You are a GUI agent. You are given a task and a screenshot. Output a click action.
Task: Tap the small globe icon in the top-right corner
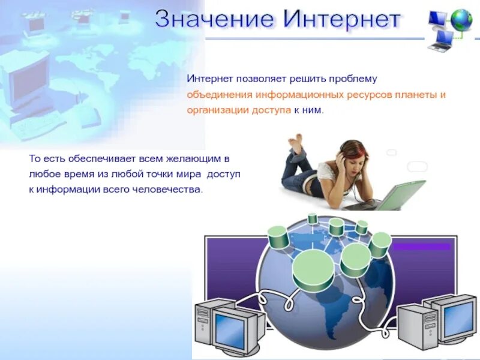(x=461, y=20)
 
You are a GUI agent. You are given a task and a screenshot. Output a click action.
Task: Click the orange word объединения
(x=220, y=95)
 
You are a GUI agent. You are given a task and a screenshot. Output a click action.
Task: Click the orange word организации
(x=217, y=111)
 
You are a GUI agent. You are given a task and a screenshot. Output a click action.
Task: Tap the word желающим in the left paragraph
(x=197, y=159)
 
